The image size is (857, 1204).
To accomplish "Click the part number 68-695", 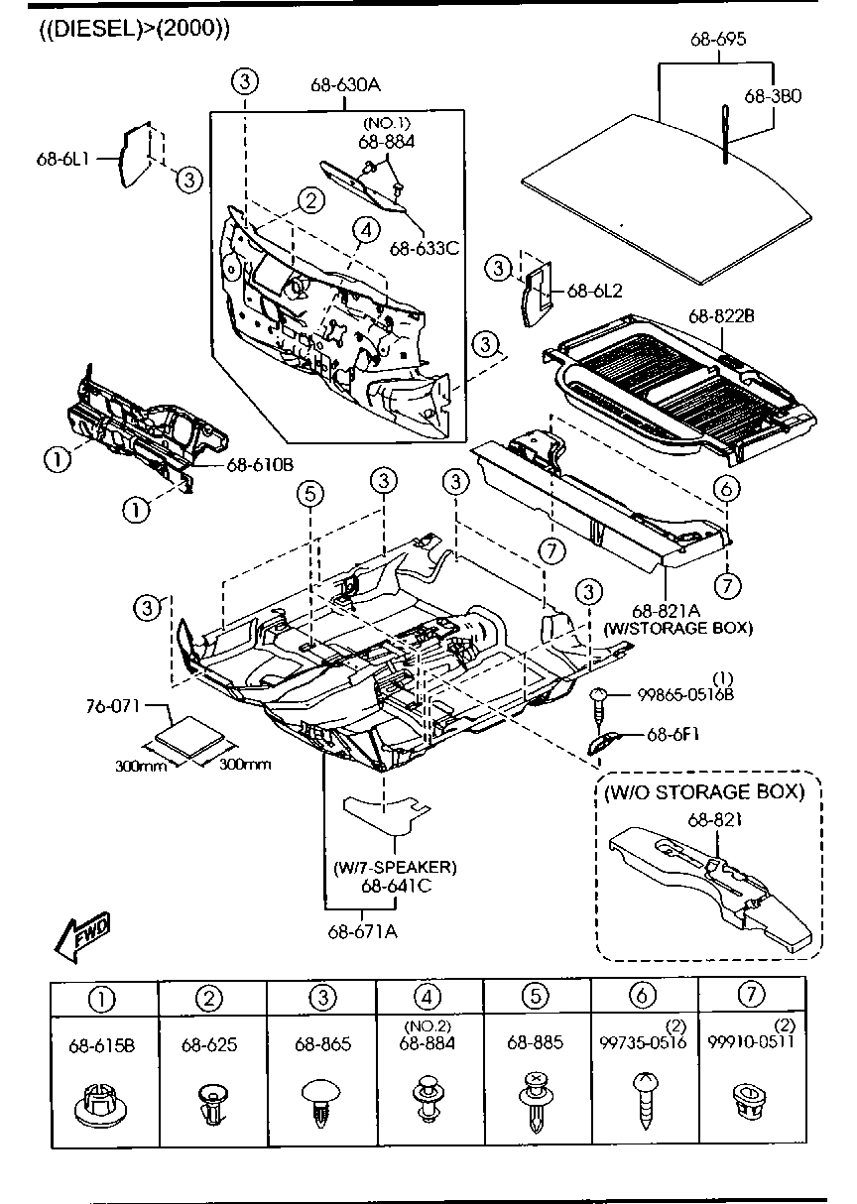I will coord(718,40).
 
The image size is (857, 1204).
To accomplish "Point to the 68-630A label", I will coord(344,85).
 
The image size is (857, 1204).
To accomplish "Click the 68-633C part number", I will coord(424,248).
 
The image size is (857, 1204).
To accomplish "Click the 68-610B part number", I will coord(260,464).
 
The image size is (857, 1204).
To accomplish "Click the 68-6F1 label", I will coord(674,735).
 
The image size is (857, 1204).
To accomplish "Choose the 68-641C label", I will coord(395,886).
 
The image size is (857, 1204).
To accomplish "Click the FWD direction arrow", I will coord(82,935).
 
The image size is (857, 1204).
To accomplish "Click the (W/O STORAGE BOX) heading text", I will coord(712,791).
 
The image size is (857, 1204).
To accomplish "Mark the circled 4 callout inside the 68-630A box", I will coord(365,230).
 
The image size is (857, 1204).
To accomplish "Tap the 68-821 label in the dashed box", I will coord(711,819).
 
